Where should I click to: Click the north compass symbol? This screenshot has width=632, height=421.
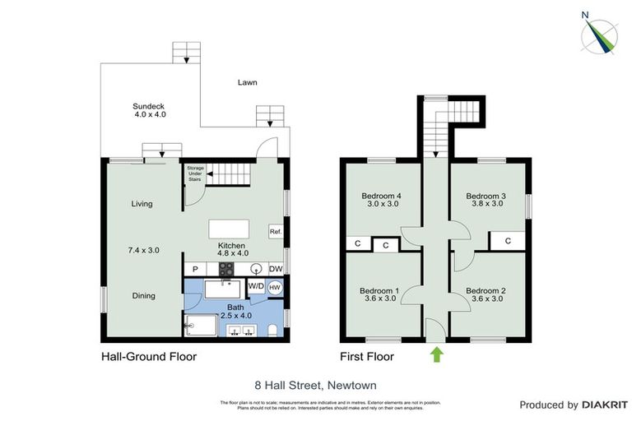click(x=602, y=34)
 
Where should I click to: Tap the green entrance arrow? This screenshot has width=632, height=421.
click(x=436, y=354)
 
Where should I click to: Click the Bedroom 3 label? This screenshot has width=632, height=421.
click(x=485, y=200)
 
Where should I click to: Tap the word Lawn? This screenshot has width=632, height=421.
click(x=247, y=82)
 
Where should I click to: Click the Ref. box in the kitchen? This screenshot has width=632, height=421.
click(x=276, y=233)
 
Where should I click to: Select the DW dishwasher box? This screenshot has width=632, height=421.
click(x=276, y=268)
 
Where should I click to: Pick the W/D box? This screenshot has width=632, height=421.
click(x=256, y=287)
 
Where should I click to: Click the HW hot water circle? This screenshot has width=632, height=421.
click(x=275, y=287)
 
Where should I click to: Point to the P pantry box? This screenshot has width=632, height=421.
click(x=195, y=268)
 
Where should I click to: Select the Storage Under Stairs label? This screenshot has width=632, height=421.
click(x=194, y=173)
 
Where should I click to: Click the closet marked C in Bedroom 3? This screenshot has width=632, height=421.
click(x=508, y=241)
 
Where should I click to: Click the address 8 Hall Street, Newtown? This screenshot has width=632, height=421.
click(x=316, y=383)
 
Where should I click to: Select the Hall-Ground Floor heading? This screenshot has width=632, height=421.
click(x=148, y=357)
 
